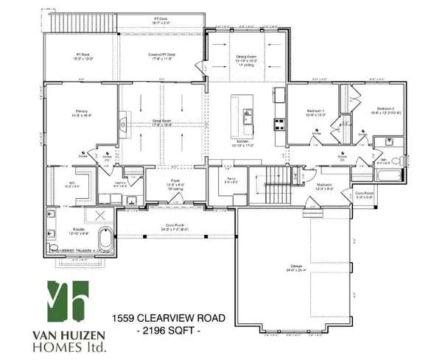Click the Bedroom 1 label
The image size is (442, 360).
[315, 112]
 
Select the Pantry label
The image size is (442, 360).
[231, 177]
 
